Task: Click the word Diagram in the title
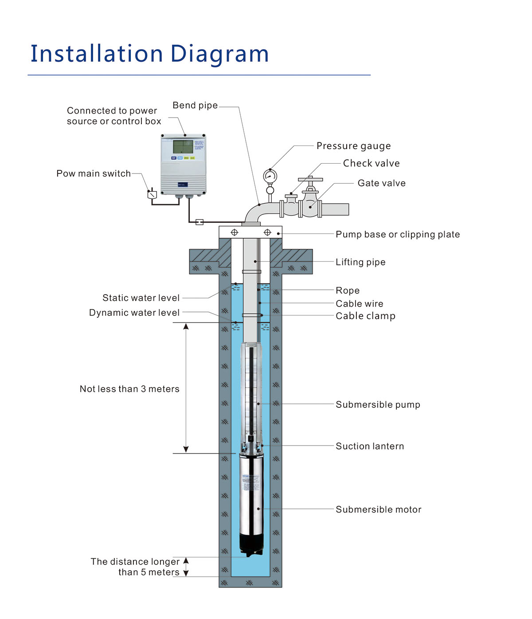219,54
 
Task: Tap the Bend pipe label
195,106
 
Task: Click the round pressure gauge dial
270,176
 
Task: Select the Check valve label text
371,163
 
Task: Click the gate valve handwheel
310,180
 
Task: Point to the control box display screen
183,147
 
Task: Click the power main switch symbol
152,194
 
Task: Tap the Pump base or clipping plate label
397,234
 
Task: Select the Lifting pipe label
360,262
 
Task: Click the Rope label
347,291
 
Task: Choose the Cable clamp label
365,316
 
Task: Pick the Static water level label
141,298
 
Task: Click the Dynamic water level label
134,313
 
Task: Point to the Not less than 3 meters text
129,389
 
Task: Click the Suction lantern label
369,446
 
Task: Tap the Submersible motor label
378,510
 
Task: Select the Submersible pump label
378,405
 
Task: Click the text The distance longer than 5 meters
135,567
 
